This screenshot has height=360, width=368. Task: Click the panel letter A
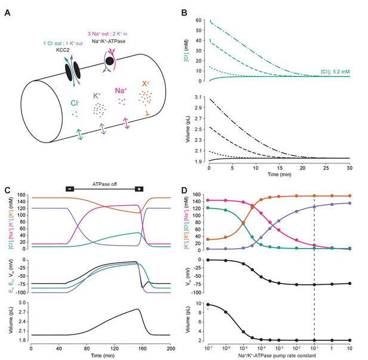[7, 13]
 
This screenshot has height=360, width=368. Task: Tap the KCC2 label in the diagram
[63, 49]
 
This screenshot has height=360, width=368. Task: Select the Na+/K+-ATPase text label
[109, 41]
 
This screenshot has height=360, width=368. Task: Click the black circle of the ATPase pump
[110, 61]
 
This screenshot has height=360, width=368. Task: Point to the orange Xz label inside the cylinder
[146, 83]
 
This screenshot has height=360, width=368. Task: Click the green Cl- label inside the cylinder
[75, 103]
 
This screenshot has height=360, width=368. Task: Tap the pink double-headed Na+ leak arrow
[126, 123]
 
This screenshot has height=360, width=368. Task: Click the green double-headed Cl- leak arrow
[80, 134]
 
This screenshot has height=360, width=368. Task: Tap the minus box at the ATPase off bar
[70, 189]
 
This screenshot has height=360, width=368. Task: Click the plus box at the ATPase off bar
[139, 189]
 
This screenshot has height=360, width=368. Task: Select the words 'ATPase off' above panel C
[104, 184]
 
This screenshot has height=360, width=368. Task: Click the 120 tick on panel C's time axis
[115, 349]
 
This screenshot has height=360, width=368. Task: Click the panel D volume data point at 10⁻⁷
[208, 305]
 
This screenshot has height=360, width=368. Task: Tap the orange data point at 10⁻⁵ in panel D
[243, 222]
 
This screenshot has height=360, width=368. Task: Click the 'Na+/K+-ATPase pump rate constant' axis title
[277, 356]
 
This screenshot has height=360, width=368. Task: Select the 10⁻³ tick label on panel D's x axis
[279, 348]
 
